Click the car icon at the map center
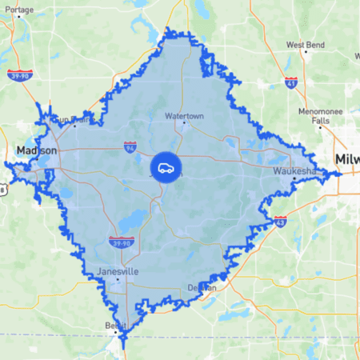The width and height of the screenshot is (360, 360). point(165,167)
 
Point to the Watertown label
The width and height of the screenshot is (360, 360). point(184,114)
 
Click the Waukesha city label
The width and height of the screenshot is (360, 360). point(294,171)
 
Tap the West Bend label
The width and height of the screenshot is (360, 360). point(306,45)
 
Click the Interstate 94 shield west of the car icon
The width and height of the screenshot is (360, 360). point(130,147)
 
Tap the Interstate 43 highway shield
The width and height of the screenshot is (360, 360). point(280,220)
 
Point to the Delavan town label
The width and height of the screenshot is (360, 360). point(203,286)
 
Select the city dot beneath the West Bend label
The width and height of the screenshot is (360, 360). point(306,53)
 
